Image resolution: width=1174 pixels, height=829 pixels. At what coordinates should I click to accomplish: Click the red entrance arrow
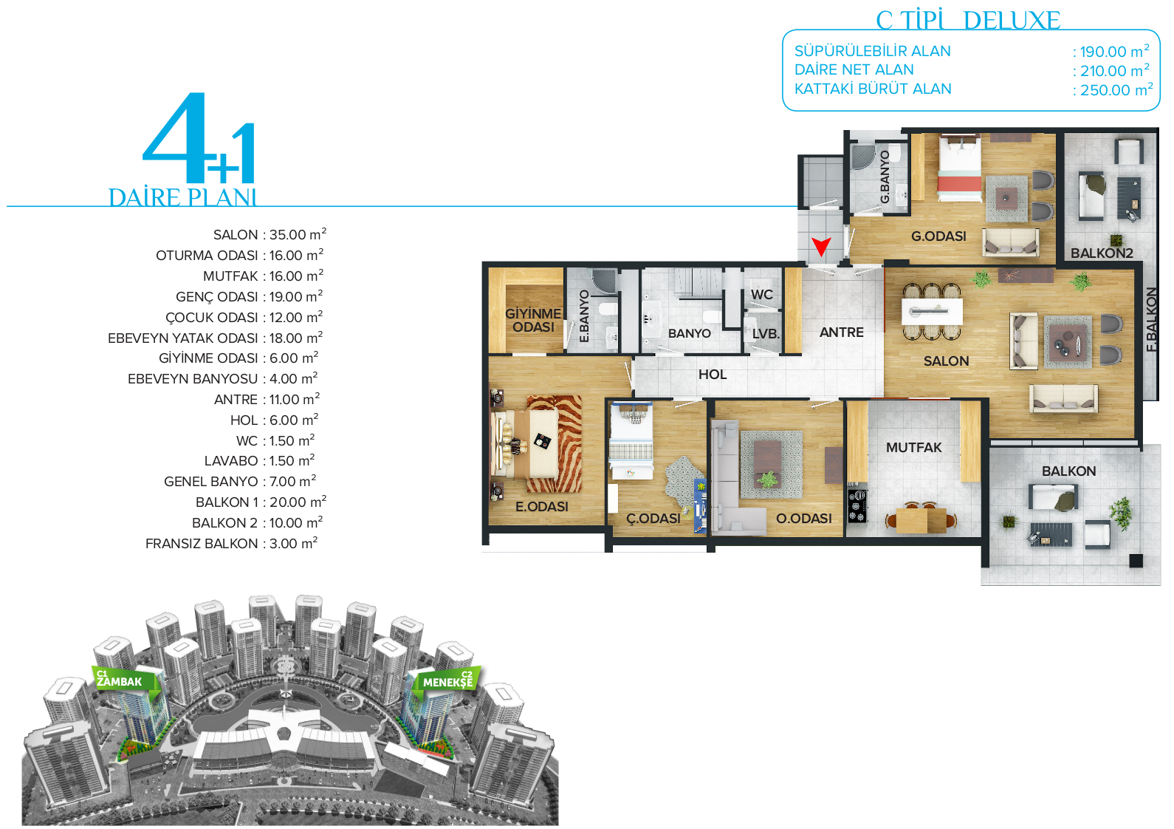tap(821, 246)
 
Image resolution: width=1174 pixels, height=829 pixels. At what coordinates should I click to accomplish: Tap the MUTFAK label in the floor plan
tap(913, 447)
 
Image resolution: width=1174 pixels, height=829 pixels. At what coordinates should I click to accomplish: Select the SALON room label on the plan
tap(946, 361)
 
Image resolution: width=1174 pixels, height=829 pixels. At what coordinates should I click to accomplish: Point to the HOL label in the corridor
tap(713, 375)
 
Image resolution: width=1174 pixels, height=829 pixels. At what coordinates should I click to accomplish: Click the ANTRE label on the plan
tap(841, 332)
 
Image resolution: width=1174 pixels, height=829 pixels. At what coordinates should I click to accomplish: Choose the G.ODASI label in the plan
tap(938, 236)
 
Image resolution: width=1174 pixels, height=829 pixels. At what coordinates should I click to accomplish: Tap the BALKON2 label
tap(1102, 253)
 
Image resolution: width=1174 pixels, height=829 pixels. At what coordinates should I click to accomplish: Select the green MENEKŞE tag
tap(447, 680)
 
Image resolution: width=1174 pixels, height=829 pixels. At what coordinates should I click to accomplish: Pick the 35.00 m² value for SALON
tap(298, 234)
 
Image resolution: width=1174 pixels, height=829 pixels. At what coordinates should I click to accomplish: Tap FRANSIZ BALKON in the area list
tap(202, 544)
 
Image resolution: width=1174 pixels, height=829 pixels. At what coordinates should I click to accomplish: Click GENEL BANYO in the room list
tap(211, 481)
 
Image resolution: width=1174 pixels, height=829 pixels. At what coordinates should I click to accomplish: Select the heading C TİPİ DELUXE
tap(968, 20)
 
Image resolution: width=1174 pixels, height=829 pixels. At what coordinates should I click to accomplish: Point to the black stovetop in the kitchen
tap(857, 505)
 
